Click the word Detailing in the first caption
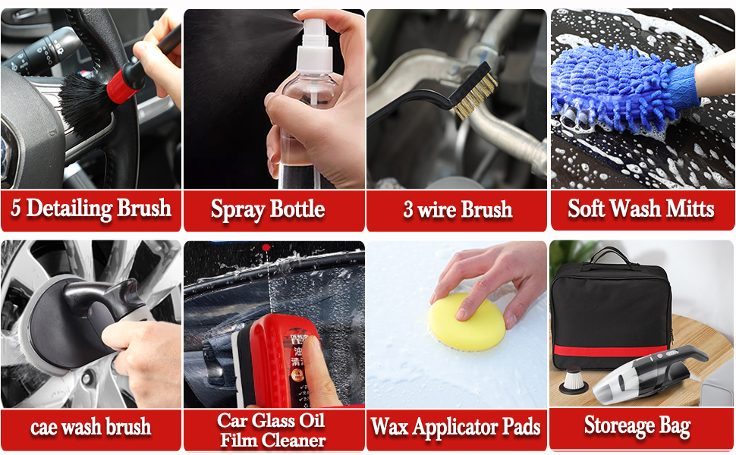pyautogui.click(x=77, y=209)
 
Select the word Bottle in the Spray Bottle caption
pyautogui.click(x=299, y=209)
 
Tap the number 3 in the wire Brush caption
pyautogui.click(x=408, y=210)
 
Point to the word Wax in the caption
pyautogui.click(x=388, y=426)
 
